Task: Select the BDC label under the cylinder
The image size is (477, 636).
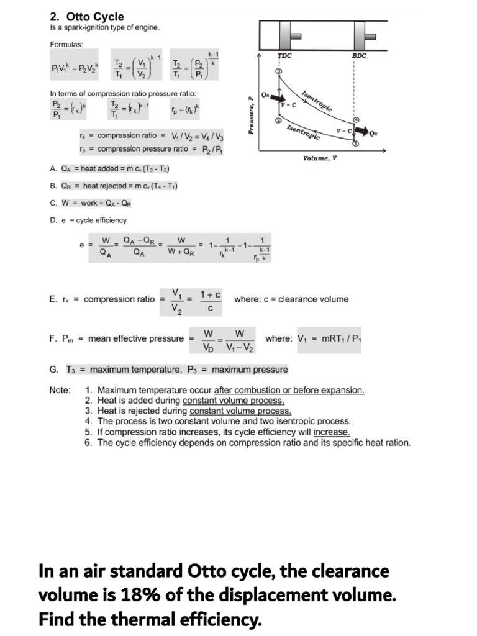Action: pyautogui.click(x=359, y=56)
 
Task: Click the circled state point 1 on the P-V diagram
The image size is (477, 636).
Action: pyautogui.click(x=356, y=143)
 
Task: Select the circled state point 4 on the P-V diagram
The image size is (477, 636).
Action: pyautogui.click(x=356, y=119)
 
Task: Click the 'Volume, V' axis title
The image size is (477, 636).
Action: pyautogui.click(x=320, y=158)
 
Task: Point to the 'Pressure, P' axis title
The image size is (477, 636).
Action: pyautogui.click(x=251, y=116)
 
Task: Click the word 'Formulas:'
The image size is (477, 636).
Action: pyautogui.click(x=66, y=45)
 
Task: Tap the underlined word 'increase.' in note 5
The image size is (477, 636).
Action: pyautogui.click(x=332, y=432)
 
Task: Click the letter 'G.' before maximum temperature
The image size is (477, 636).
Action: pyautogui.click(x=53, y=370)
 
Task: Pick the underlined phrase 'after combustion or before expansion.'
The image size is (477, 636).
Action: pyautogui.click(x=289, y=390)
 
